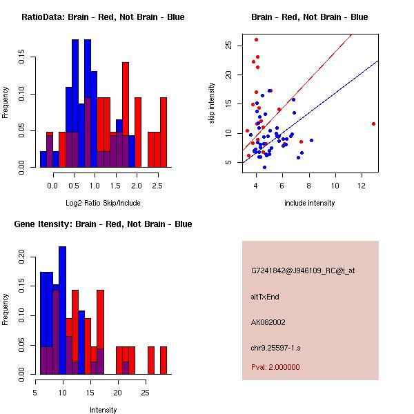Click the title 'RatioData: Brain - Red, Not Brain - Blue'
point(103,17)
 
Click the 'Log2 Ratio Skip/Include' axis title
point(103,203)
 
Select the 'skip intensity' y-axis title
point(212,103)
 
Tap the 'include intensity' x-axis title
point(310,203)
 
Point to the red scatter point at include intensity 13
point(373,124)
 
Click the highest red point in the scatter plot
point(256,39)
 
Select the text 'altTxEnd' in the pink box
point(265,297)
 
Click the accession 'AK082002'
point(268,322)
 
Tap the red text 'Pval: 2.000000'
point(275,367)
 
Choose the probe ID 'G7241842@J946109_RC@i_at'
point(303,271)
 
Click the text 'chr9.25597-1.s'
point(275,348)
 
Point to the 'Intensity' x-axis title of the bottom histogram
point(103,410)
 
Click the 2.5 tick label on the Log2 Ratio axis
point(157,186)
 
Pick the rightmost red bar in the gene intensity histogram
point(164,359)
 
